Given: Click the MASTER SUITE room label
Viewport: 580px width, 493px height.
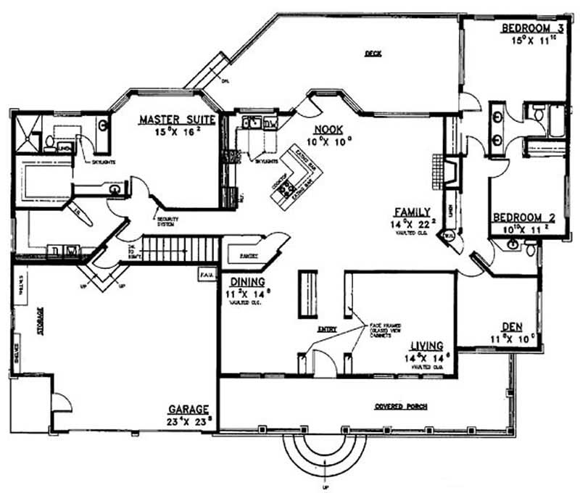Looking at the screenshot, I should click(x=176, y=120).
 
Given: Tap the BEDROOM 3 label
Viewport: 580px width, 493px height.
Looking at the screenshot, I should click(x=532, y=28).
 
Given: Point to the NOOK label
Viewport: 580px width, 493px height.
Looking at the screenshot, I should click(x=328, y=130).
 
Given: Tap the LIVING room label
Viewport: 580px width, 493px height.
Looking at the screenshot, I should click(x=427, y=346).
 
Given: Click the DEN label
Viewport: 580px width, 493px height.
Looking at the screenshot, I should click(x=513, y=326).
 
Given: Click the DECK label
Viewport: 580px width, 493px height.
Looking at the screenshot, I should click(x=373, y=53).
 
